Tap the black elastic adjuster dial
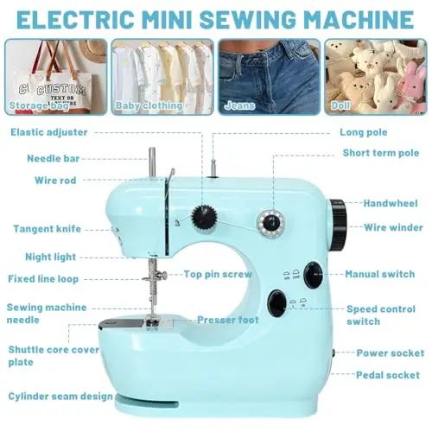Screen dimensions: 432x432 pyautogui.click(x=204, y=217)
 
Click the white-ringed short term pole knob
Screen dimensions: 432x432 pyautogui.click(x=270, y=223)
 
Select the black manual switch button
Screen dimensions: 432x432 pyautogui.click(x=313, y=276)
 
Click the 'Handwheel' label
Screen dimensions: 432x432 pyautogui.click(x=391, y=203)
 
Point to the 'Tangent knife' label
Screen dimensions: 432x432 pyautogui.click(x=48, y=229)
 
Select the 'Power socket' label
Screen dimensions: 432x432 pyautogui.click(x=391, y=353)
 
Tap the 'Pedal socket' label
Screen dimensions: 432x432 pyautogui.click(x=388, y=375)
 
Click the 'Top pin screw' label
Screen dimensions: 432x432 pyautogui.click(x=218, y=274)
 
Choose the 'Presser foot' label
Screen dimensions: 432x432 pyautogui.click(x=228, y=320)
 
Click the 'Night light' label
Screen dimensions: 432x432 pyautogui.click(x=51, y=257)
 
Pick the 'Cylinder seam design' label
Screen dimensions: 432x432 pyautogui.click(x=60, y=397)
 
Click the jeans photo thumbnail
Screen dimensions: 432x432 pyautogui.click(x=270, y=77)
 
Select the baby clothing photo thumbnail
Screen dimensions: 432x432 pyautogui.click(x=162, y=77)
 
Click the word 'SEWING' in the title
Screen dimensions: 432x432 pyautogui.click(x=248, y=19)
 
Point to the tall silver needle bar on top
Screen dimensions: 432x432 pyautogui.click(x=152, y=162)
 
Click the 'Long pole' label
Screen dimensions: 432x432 pyautogui.click(x=364, y=132)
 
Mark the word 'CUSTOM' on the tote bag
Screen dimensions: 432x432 pyautogui.click(x=61, y=90)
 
